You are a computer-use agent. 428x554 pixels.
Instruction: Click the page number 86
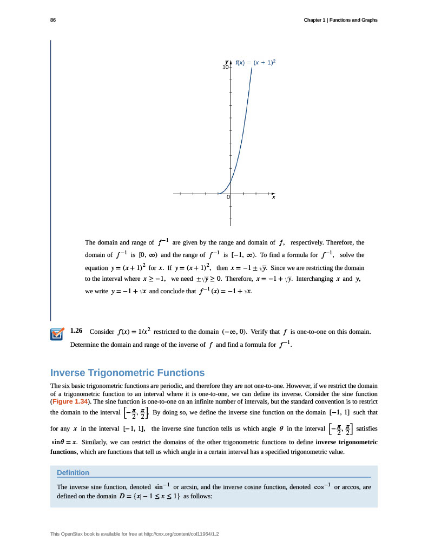53,20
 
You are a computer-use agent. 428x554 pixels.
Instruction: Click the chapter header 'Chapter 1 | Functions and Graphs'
340,20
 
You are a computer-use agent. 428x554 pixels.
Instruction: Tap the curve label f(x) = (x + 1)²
255,63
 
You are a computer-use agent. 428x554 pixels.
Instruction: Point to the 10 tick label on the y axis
225,68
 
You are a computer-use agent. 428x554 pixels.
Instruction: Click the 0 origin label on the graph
228,197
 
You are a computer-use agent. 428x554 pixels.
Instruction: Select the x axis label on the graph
273,197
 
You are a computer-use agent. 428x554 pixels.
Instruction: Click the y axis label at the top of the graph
227,62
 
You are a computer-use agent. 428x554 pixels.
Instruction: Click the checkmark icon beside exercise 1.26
57,335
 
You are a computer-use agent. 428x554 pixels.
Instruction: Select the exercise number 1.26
76,330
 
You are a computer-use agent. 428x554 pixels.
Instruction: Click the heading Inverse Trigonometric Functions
127,373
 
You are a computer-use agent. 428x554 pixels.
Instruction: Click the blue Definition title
73,472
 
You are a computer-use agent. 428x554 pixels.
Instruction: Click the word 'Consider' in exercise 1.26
101,331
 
